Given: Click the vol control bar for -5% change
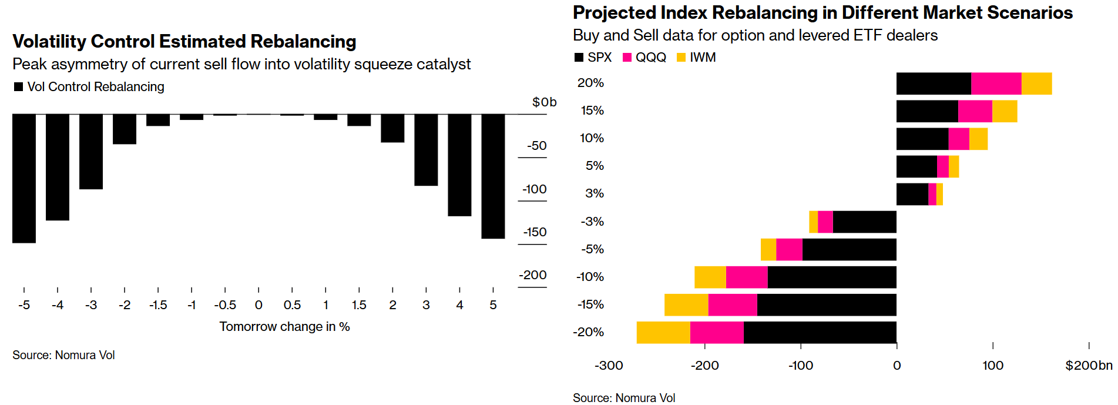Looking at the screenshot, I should (24, 178).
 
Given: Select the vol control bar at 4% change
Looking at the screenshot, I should (459, 165).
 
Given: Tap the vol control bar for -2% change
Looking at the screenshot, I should (125, 129).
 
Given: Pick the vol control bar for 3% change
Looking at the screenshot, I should (426, 150).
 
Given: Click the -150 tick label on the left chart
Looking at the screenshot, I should (535, 232).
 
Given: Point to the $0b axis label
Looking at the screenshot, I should (544, 102).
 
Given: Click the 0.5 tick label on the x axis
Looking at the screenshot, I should (292, 305).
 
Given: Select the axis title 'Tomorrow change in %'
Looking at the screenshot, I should (284, 327).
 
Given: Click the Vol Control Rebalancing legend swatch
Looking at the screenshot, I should (18, 87).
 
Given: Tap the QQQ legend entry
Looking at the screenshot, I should (644, 58).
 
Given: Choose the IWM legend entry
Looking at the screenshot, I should (697, 58).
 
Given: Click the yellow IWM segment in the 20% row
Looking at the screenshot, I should (1036, 83).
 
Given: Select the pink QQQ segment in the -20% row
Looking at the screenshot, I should (717, 333).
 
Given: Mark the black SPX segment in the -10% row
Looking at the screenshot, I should (832, 277).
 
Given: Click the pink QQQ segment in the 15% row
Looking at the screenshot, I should (975, 111).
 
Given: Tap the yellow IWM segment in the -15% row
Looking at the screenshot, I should (686, 305).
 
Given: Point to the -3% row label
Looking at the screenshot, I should (592, 222).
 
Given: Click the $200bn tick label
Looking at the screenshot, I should (1089, 366).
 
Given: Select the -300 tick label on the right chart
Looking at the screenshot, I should (609, 366).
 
